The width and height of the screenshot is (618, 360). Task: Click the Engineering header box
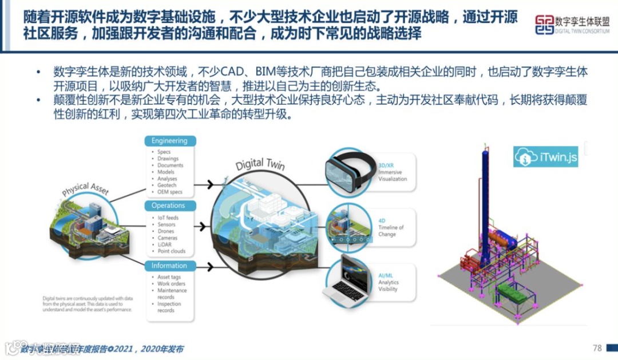click(x=169, y=141)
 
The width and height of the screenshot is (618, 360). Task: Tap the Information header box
click(x=169, y=266)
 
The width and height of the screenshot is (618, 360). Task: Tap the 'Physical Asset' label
click(x=86, y=189)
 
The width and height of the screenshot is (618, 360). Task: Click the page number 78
click(x=597, y=348)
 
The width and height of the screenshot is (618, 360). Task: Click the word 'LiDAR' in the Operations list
click(x=165, y=244)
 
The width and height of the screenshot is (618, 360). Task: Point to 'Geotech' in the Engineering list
click(x=167, y=185)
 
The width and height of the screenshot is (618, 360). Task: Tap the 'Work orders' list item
click(x=171, y=284)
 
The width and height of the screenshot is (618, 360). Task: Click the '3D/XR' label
click(x=386, y=165)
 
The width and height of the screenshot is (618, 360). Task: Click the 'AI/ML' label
click(x=386, y=275)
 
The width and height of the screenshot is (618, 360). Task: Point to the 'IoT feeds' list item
click(x=168, y=218)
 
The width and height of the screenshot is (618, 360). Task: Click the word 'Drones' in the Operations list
click(x=167, y=231)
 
